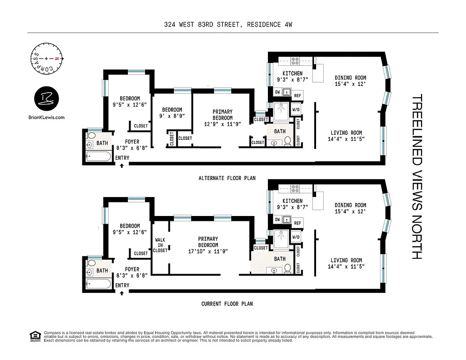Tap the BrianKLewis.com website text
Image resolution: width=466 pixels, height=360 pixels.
tap(46, 117)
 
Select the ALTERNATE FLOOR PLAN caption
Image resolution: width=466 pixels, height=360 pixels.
tap(227, 178)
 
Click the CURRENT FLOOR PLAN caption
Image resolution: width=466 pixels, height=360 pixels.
tap(227, 304)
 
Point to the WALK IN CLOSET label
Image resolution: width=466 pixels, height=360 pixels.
tap(160, 245)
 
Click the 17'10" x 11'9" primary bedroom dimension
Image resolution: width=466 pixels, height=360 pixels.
tap(208, 251)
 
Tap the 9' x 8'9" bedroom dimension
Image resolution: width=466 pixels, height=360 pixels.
tap(172, 116)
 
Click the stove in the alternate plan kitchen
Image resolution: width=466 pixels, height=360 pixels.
tap(295, 60)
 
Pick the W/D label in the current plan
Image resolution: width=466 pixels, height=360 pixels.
tap(296, 237)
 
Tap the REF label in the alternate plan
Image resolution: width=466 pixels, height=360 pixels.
tap(298, 96)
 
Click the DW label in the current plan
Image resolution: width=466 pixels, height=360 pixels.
tap(277, 220)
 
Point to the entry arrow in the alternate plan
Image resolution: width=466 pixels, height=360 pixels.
tap(122, 166)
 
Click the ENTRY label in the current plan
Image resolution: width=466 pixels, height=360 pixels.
tap(122, 285)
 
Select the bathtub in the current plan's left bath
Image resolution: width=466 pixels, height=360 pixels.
tap(99, 283)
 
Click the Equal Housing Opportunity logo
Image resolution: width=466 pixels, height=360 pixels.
tap(34, 335)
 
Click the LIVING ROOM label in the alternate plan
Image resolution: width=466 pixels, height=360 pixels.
tap(346, 133)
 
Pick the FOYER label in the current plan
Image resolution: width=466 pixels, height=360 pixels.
tap(132, 269)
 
